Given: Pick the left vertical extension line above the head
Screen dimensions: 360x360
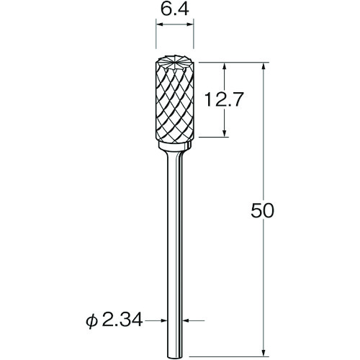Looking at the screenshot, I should pyautogui.click(x=156, y=40).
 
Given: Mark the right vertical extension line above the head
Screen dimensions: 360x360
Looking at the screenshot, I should pyautogui.click(x=194, y=40).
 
